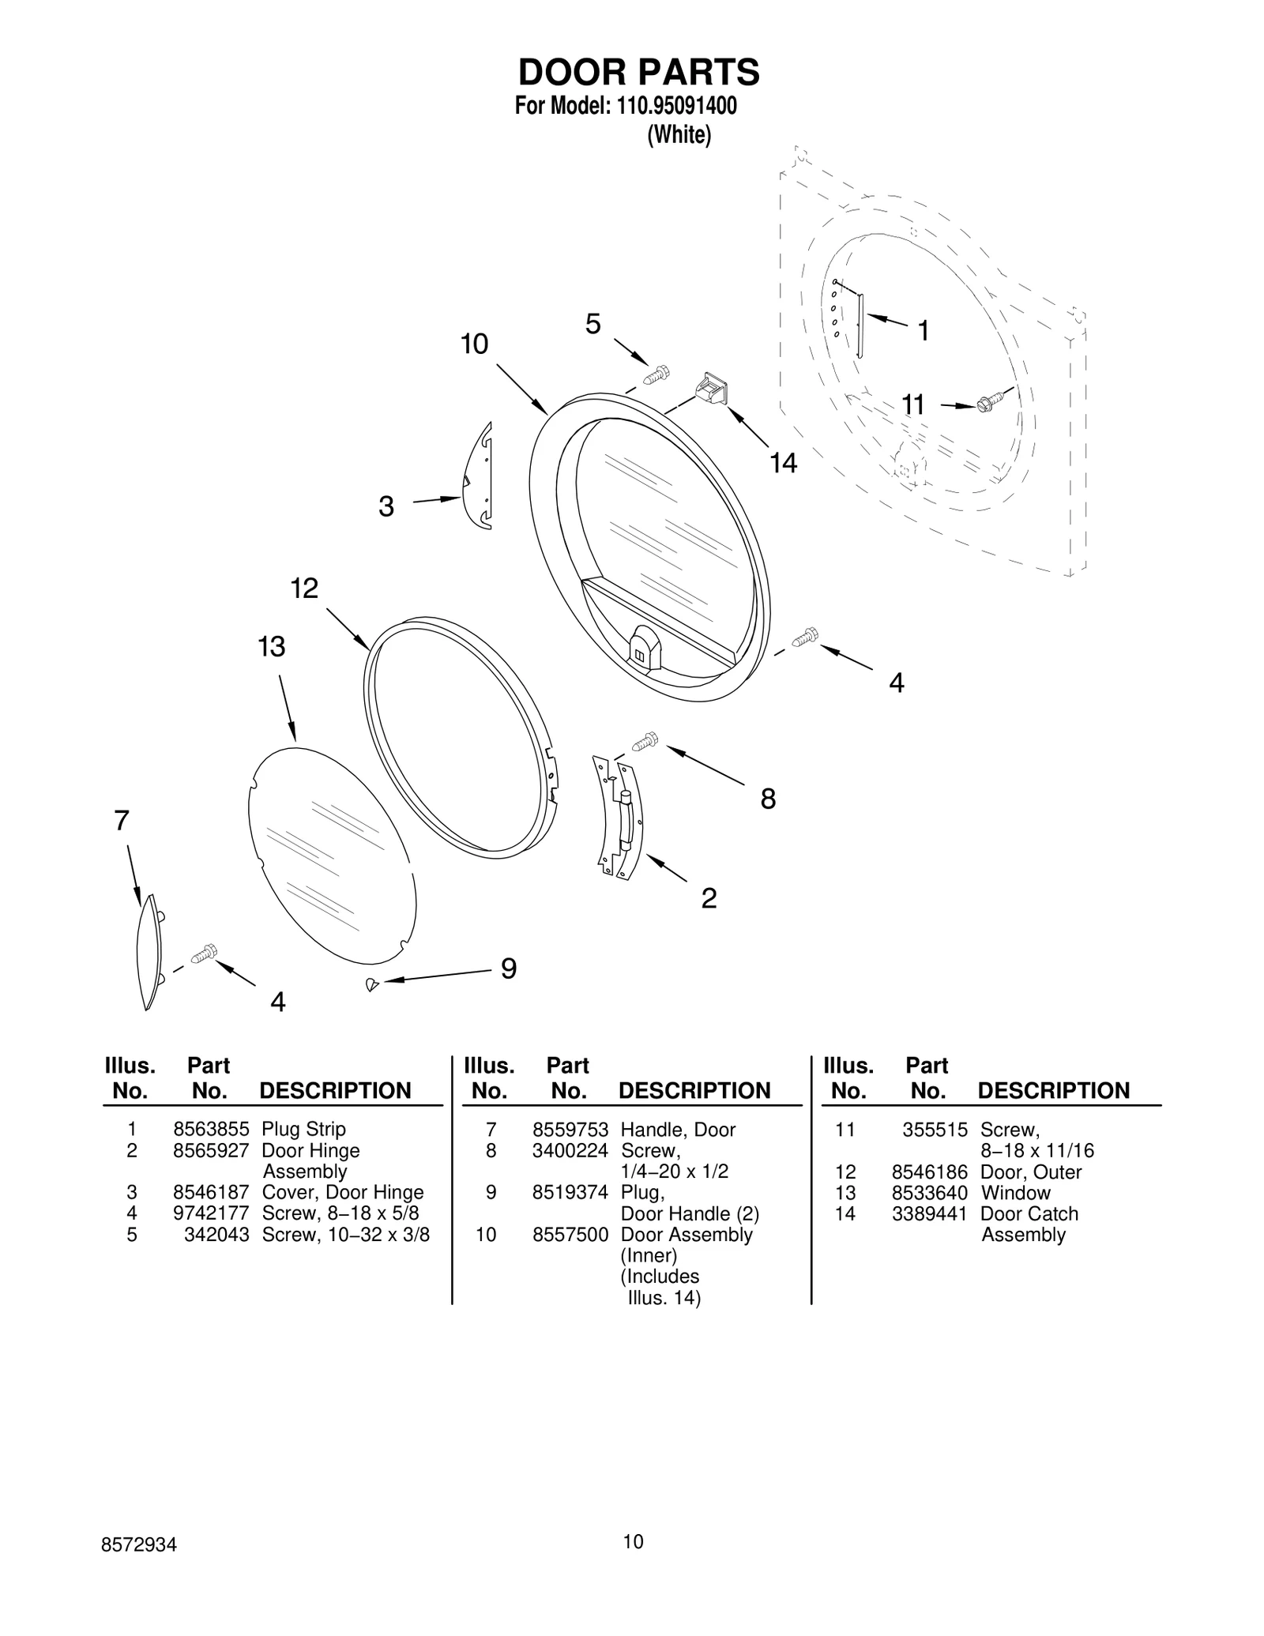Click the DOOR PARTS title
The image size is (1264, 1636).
638,72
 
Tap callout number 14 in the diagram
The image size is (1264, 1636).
783,464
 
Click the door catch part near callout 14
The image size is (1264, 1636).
712,390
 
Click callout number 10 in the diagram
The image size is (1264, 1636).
474,344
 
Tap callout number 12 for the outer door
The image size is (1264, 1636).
304,589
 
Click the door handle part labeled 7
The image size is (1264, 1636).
149,951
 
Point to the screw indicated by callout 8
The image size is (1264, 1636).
645,741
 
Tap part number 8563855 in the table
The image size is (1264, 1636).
211,1130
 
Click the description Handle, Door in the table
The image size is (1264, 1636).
678,1130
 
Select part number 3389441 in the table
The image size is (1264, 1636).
929,1214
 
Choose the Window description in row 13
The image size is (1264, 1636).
1015,1193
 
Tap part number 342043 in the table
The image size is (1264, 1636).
216,1235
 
